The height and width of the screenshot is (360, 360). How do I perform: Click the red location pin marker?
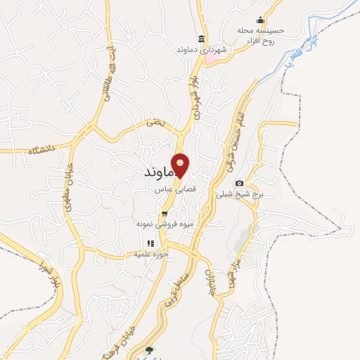(181, 165)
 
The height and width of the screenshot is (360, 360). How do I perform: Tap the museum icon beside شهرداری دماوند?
(202, 39)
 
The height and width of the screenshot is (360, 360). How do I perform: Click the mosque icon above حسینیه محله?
(262, 20)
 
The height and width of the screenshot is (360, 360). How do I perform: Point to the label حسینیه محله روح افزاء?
(262, 34)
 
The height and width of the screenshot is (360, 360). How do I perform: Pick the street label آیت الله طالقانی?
(109, 70)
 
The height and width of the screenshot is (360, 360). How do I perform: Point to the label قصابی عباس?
(172, 189)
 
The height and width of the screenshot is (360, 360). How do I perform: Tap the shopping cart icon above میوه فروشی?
(165, 214)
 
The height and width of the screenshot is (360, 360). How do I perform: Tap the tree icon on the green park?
(148, 349)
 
